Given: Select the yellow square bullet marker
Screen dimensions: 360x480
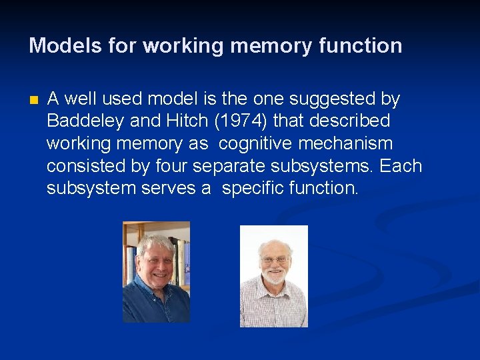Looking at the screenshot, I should [x=34, y=101].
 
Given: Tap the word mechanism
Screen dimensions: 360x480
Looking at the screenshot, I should [x=351, y=144].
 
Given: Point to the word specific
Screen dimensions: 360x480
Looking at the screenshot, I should [x=253, y=189].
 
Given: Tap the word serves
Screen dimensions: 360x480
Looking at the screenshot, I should [x=169, y=189].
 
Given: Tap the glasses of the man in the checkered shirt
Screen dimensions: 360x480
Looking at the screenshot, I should [x=275, y=259].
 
